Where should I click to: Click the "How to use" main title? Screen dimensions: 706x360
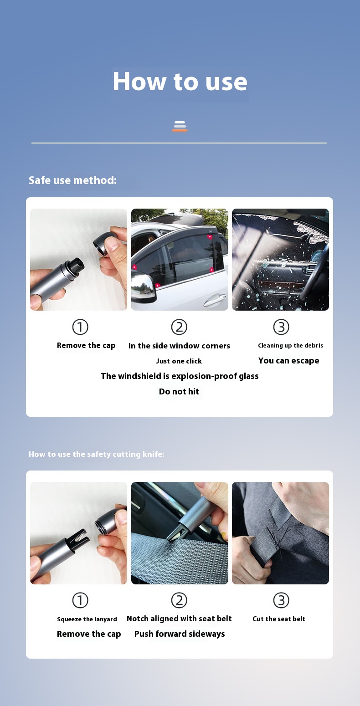pos(180,82)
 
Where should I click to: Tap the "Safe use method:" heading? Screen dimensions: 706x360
pos(72,180)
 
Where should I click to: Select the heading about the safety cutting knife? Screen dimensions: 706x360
pos(96,454)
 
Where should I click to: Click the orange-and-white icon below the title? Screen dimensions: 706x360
pos(180,126)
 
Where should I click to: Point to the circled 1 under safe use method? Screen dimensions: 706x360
pos(80,327)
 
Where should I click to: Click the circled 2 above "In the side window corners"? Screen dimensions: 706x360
pos(179,327)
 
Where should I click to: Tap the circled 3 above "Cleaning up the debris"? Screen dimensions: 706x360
pos(281,327)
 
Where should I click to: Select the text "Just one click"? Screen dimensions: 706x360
pos(179,361)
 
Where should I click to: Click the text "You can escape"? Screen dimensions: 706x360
pos(288,361)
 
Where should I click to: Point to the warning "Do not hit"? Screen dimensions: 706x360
pos(179,392)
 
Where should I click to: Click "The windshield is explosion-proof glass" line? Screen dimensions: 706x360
pos(180,376)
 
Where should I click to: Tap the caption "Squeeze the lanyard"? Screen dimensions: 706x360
pos(87,619)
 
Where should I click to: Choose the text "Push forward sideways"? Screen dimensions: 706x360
pos(180,634)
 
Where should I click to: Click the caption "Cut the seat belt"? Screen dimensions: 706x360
pos(279,619)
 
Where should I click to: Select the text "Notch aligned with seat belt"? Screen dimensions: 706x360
pos(179,619)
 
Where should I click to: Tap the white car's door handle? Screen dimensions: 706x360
pos(215,300)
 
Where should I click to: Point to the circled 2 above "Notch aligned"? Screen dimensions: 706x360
pos(179,600)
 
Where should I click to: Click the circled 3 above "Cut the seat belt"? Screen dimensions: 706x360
pos(281,600)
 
